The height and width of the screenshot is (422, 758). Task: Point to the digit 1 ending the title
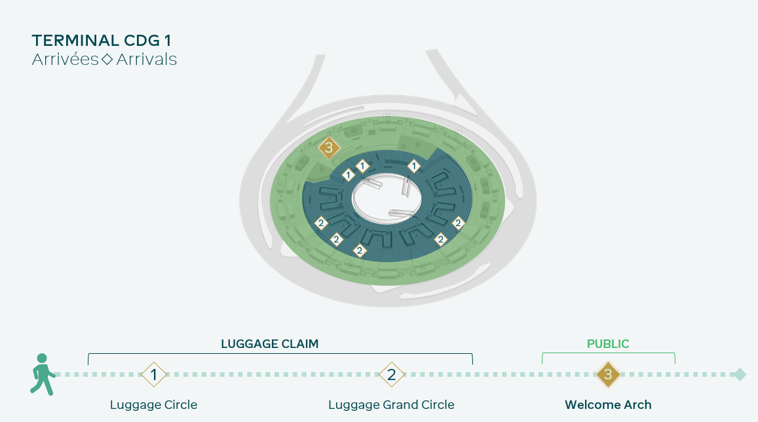[x=168, y=41]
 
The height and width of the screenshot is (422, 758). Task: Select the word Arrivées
[x=66, y=60]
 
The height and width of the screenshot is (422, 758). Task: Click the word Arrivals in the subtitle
[x=147, y=60]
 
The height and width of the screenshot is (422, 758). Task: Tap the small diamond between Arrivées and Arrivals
[x=107, y=60]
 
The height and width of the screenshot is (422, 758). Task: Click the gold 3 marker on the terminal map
[x=329, y=147]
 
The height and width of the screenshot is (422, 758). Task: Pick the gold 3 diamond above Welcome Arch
[x=608, y=374]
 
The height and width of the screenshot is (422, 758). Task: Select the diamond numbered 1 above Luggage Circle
[x=154, y=375]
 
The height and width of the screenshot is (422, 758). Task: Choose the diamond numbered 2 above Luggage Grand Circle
[x=392, y=375]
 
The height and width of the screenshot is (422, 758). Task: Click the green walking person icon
[x=43, y=375]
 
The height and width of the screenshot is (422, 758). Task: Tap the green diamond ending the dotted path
[x=740, y=375]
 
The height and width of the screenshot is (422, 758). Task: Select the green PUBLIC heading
[x=608, y=343]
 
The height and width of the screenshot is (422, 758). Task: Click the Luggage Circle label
[x=154, y=405]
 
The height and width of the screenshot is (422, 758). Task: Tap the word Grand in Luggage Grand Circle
[x=400, y=404]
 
